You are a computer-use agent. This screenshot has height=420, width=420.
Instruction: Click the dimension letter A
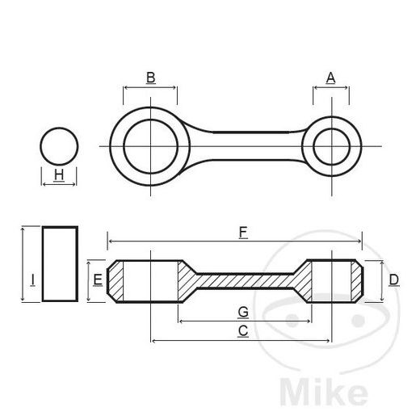(x=330, y=78)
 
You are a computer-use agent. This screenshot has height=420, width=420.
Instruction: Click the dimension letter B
(x=150, y=78)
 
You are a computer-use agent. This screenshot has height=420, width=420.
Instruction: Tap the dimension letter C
(x=241, y=330)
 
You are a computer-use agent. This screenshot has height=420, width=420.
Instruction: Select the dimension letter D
(x=393, y=280)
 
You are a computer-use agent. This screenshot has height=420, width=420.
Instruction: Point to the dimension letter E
(x=97, y=280)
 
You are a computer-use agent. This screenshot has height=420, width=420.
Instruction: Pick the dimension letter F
(x=242, y=233)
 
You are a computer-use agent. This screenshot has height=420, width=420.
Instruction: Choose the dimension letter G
(x=242, y=311)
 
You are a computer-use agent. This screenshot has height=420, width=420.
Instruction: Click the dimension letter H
(x=59, y=174)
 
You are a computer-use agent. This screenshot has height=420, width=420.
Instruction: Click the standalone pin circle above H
(x=60, y=146)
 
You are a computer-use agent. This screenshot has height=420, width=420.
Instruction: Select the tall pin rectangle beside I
(x=60, y=265)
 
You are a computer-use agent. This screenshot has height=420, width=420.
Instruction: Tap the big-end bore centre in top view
(x=150, y=146)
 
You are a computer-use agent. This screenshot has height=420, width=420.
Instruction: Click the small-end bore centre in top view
(x=331, y=146)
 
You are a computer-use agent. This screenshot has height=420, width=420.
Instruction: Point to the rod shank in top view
(x=242, y=146)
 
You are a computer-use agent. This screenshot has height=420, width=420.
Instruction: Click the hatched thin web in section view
(x=242, y=281)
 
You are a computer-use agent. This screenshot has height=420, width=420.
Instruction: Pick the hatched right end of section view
(x=355, y=281)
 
